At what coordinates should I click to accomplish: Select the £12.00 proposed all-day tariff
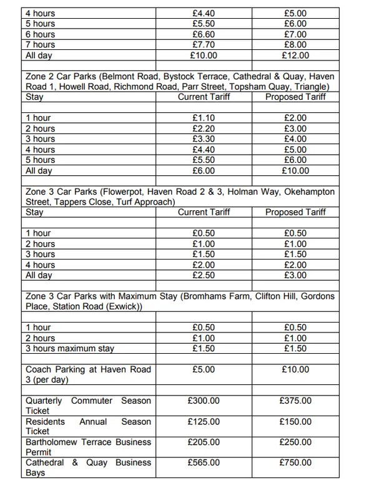295,56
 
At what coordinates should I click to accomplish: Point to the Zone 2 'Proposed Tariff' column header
295,97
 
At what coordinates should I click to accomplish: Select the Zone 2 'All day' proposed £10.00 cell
295,171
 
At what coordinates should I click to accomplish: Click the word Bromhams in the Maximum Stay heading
206,296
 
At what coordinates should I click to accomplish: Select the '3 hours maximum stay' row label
69,349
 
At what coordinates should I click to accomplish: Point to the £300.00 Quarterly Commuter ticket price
204,400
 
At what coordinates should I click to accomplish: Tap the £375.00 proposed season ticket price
295,400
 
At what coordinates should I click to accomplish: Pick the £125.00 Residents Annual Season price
204,422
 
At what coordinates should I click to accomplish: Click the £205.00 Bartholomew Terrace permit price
204,442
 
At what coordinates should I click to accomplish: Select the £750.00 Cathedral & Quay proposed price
295,462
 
